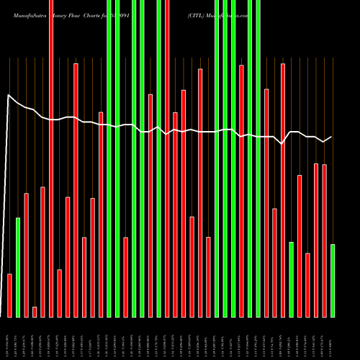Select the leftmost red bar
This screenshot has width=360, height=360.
(x=9, y=295)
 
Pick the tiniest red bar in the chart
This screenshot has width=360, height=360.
(x=35, y=312)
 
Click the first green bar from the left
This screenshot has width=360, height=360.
(x=18, y=266)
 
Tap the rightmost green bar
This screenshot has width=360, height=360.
(x=333, y=281)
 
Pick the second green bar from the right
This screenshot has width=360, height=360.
(x=292, y=279)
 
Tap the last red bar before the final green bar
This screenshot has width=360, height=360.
(x=325, y=240)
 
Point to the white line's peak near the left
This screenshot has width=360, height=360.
(x=9, y=95)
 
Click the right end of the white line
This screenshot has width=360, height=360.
(x=332, y=137)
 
